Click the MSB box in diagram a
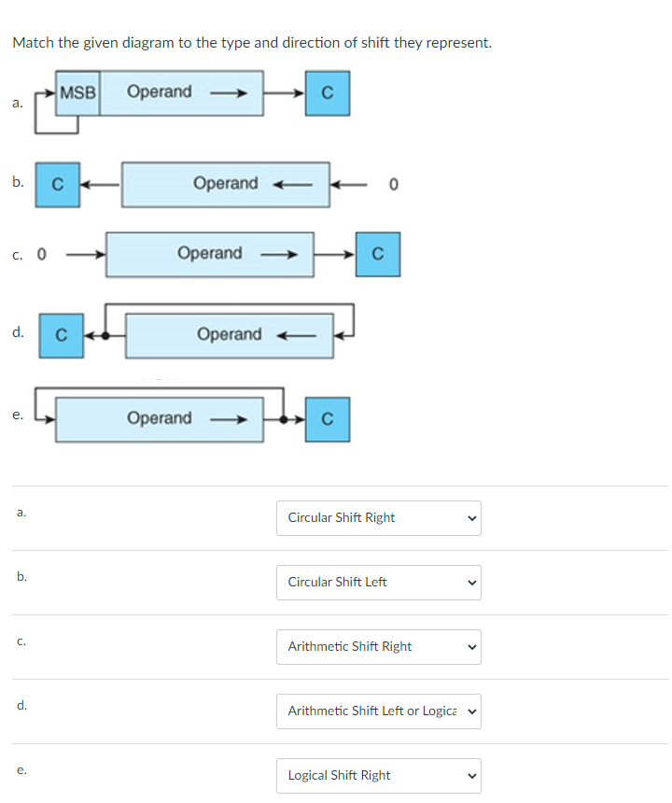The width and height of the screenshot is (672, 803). coord(77,92)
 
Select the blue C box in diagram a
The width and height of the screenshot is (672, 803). coord(327,92)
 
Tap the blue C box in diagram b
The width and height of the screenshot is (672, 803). coord(57,184)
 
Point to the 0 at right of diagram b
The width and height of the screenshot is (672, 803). coord(394,184)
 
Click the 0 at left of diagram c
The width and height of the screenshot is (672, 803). coord(42,253)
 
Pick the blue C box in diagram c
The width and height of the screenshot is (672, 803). coord(377,254)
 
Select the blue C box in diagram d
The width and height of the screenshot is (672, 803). coord(61,334)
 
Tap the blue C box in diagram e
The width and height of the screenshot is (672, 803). coord(328,418)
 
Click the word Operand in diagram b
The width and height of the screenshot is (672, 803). coord(225,183)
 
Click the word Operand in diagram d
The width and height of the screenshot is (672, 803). coord(229,334)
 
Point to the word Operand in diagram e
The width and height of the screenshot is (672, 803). coord(159,418)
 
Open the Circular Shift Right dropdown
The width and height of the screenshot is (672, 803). coord(378,517)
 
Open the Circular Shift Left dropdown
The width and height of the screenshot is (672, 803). coord(378,582)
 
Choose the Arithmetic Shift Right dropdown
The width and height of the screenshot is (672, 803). coord(378,646)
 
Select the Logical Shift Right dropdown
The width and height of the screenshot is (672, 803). coord(378,775)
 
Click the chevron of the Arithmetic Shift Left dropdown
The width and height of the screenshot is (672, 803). coord(471,711)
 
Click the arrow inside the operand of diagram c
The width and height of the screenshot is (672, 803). coord(278,254)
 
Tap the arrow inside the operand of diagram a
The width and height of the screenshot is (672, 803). coord(228,92)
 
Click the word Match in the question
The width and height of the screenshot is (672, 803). coord(32,43)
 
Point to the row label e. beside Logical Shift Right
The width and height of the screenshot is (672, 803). coord(21,769)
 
